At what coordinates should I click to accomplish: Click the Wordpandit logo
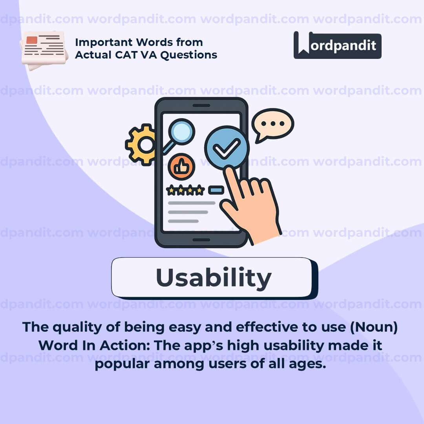337,45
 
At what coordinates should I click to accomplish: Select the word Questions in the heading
189,55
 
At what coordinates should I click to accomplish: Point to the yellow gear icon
140,144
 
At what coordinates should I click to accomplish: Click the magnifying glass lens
181,132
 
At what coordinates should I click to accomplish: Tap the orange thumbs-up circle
181,166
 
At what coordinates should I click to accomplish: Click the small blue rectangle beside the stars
216,190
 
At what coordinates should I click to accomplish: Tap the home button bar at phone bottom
201,240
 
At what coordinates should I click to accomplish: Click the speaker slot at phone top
201,106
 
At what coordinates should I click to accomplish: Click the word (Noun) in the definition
374,327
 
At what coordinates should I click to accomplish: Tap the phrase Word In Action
94,345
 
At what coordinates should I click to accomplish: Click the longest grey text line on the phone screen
192,203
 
